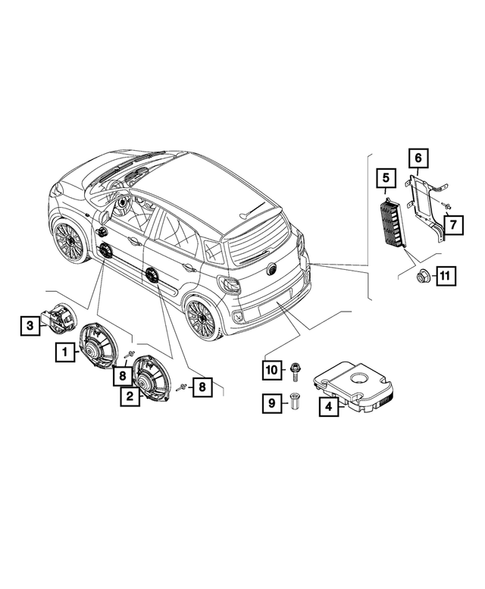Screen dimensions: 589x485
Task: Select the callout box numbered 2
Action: click(x=129, y=397)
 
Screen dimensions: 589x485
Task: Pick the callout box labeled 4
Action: click(x=327, y=406)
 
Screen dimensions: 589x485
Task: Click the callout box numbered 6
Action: click(x=419, y=157)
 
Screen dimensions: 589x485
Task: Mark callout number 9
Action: click(x=269, y=404)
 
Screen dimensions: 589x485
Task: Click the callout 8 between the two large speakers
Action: click(x=122, y=377)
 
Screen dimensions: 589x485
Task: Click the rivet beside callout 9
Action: click(x=295, y=403)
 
